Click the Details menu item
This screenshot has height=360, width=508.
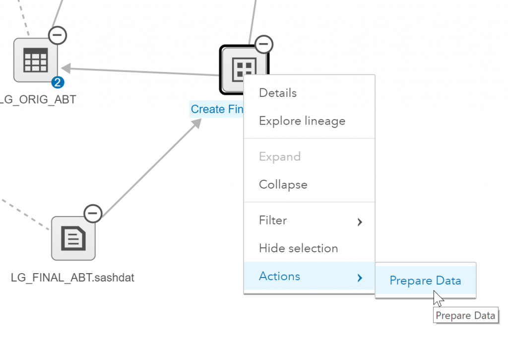[278, 93]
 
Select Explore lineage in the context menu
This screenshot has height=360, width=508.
[302, 121]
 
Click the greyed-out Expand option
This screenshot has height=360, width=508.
[279, 156]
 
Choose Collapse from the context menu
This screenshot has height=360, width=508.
[283, 184]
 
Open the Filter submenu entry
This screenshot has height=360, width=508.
[273, 220]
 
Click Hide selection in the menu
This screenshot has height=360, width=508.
[298, 248]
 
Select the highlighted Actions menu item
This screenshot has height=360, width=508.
[279, 276]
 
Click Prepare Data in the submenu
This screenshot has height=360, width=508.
[425, 281]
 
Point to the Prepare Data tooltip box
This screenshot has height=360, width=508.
[465, 315]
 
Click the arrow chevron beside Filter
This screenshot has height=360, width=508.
[360, 222]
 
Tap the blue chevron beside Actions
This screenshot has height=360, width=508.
[360, 278]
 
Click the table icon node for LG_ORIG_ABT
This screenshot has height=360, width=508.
[35, 60]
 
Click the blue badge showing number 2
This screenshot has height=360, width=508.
[58, 82]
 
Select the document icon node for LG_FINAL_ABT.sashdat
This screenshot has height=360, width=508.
[73, 238]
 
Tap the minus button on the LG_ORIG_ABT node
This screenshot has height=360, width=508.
[58, 35]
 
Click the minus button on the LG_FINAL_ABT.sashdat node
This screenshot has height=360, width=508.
[93, 214]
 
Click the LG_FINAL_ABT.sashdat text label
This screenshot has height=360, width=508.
[72, 278]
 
